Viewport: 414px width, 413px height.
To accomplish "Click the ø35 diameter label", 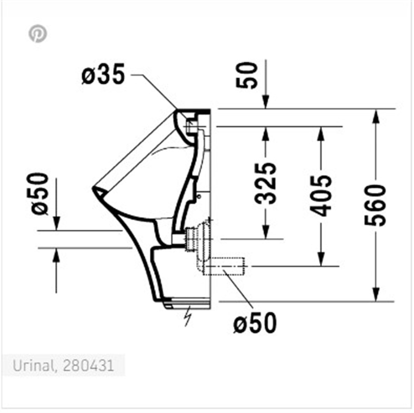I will tap(103, 75).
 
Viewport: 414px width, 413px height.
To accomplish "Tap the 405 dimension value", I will tap(321, 196).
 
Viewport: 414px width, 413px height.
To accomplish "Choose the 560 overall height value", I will tap(375, 205).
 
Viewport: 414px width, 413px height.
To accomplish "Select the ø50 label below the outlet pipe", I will tap(255, 323).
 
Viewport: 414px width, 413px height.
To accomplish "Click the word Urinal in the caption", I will tap(32, 366).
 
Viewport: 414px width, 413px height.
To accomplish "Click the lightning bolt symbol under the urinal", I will tap(188, 315).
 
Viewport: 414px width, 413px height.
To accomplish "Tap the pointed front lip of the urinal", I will tap(94, 189).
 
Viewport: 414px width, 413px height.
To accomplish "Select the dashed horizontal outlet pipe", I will tap(224, 266).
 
